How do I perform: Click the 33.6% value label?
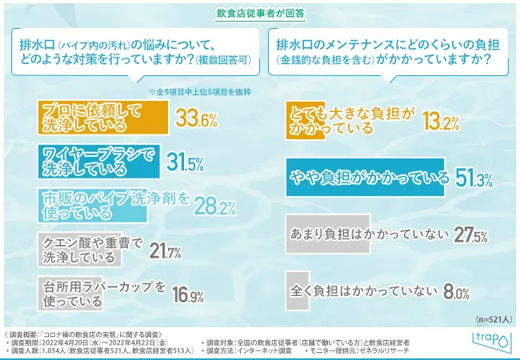197,121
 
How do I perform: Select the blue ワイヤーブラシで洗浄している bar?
97,162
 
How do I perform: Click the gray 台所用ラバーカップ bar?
71,294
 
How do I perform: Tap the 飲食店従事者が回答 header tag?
259,12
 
